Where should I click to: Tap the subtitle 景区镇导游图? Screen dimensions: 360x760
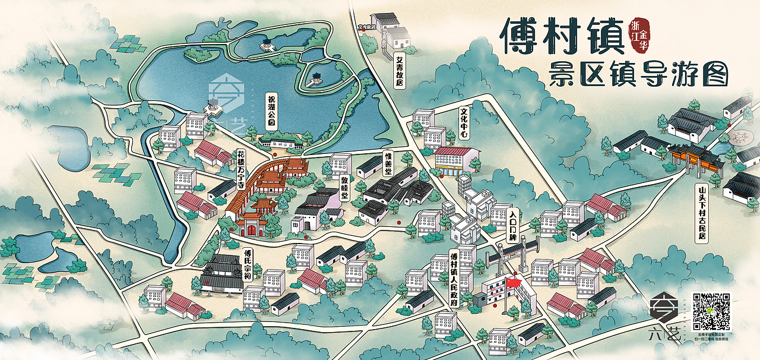tap(638, 75)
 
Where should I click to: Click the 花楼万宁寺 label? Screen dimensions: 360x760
tap(241, 170)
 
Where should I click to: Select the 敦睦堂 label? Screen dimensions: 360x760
tap(344, 187)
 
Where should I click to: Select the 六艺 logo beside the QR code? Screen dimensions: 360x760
tap(663, 318)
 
